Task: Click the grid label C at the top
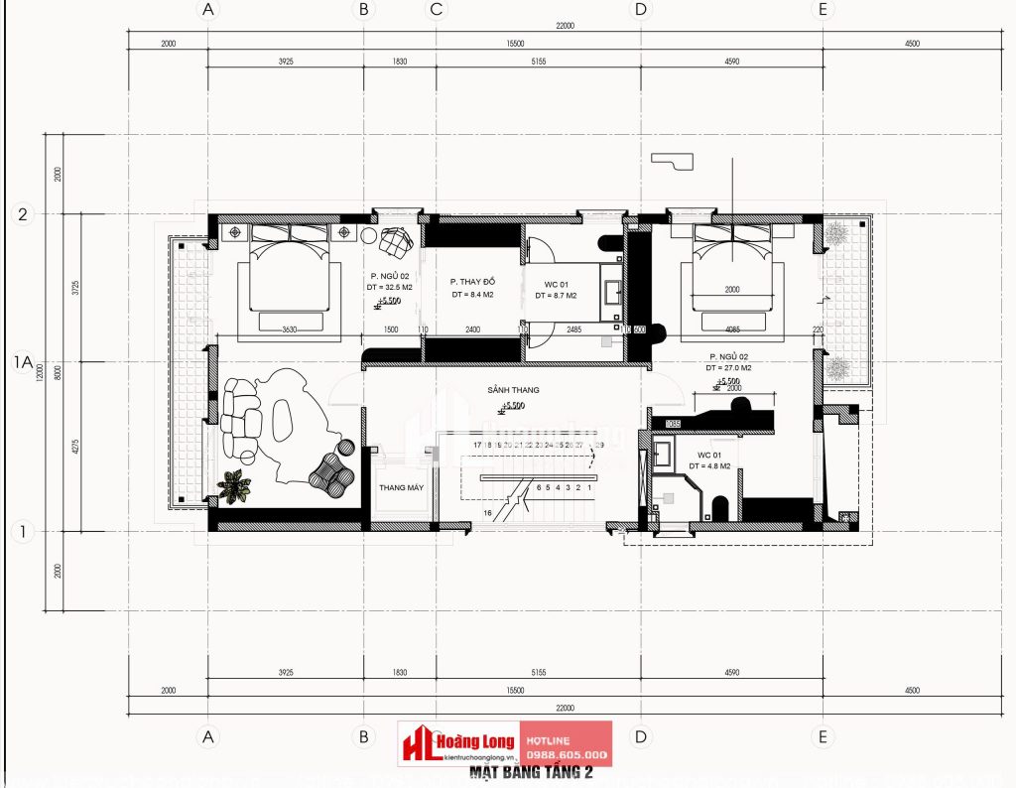click(436, 10)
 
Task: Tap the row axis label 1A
click(23, 363)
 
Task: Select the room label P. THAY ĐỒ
click(471, 281)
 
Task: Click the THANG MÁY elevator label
click(395, 488)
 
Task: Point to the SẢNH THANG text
click(506, 391)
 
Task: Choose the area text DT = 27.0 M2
click(729, 368)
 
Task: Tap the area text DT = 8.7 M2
click(556, 296)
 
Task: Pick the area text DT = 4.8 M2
click(709, 465)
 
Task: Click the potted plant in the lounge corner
click(235, 485)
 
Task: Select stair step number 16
click(488, 512)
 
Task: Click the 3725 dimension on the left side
click(59, 288)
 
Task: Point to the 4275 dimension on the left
click(59, 447)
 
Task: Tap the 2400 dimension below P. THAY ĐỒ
click(472, 328)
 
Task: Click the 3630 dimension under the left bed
click(290, 328)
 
